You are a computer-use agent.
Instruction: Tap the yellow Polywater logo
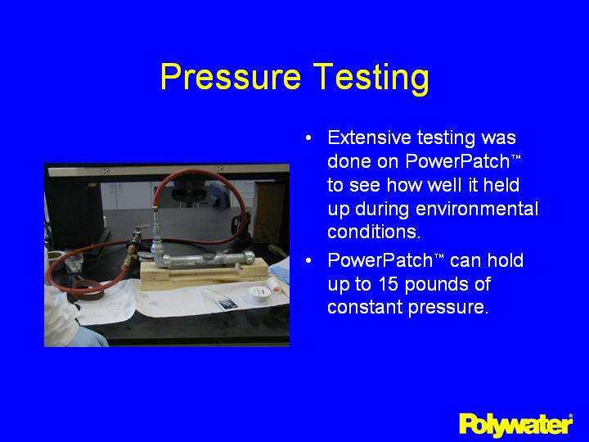[x=515, y=423]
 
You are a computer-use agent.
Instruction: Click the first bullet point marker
[x=308, y=138]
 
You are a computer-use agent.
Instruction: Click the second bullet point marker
[x=308, y=261]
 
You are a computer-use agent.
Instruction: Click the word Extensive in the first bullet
[x=366, y=138]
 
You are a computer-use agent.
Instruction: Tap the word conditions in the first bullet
[x=373, y=232]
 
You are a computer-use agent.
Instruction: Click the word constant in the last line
[x=361, y=307]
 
